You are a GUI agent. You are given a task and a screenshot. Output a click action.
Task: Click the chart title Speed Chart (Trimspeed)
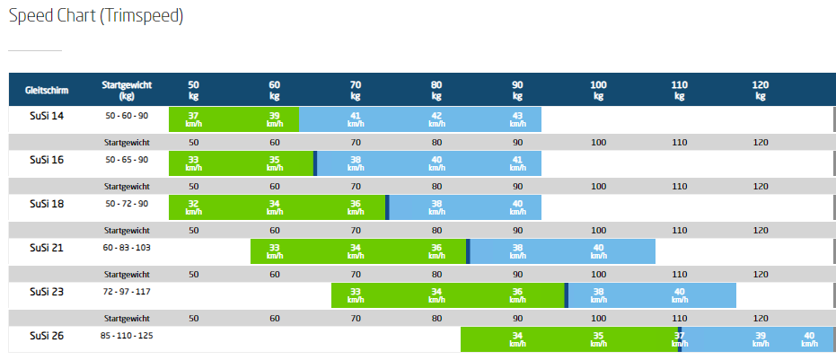point(96,17)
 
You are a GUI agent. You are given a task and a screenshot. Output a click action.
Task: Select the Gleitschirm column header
point(48,90)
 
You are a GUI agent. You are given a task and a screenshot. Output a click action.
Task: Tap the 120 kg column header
point(760,90)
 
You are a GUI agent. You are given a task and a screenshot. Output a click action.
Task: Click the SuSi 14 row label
point(47,116)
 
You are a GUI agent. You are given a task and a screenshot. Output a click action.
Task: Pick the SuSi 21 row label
point(47,248)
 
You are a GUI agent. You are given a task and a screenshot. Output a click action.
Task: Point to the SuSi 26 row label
point(47,336)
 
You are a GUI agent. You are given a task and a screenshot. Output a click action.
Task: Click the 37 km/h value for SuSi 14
point(194,119)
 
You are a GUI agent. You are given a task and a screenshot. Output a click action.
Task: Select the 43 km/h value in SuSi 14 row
point(517,119)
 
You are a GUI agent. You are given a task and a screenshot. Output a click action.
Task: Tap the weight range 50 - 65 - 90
point(127,160)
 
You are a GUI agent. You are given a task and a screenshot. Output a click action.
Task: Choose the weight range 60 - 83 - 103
point(127,248)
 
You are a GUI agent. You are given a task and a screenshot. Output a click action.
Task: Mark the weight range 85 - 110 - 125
point(127,336)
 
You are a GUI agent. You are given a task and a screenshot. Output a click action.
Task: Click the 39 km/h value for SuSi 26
point(760,339)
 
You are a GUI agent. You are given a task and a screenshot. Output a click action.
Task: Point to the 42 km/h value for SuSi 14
point(436,119)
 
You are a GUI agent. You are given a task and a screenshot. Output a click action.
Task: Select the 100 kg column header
point(598,90)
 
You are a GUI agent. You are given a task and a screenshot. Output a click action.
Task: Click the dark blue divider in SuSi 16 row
point(315,163)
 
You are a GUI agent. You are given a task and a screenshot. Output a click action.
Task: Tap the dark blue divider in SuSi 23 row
point(567,295)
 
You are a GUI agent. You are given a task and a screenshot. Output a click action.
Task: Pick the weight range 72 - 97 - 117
point(127,292)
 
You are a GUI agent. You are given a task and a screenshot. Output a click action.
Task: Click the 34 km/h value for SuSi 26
point(517,339)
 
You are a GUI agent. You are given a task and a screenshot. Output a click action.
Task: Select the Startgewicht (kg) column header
point(127,90)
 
